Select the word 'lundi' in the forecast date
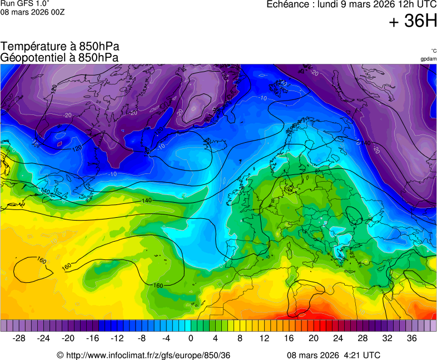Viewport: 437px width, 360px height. coord(329,4)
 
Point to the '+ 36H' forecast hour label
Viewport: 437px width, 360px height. coord(413,22)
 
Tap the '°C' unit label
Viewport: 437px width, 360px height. coord(433,51)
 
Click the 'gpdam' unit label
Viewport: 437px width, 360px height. coord(428,58)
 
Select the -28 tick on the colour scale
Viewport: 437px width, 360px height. coord(19,338)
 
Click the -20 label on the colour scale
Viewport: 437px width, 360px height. coord(68,338)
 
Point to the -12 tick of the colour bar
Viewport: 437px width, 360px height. coord(117,338)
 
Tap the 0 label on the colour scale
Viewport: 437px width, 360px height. coord(191,338)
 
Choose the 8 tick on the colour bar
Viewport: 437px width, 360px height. coord(240,338)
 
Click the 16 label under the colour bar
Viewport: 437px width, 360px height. coord(289,338)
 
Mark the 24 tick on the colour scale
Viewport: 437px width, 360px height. coord(337,338)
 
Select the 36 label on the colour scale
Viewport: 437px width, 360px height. coord(411,338)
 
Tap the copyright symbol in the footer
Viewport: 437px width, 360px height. coord(60,355)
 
